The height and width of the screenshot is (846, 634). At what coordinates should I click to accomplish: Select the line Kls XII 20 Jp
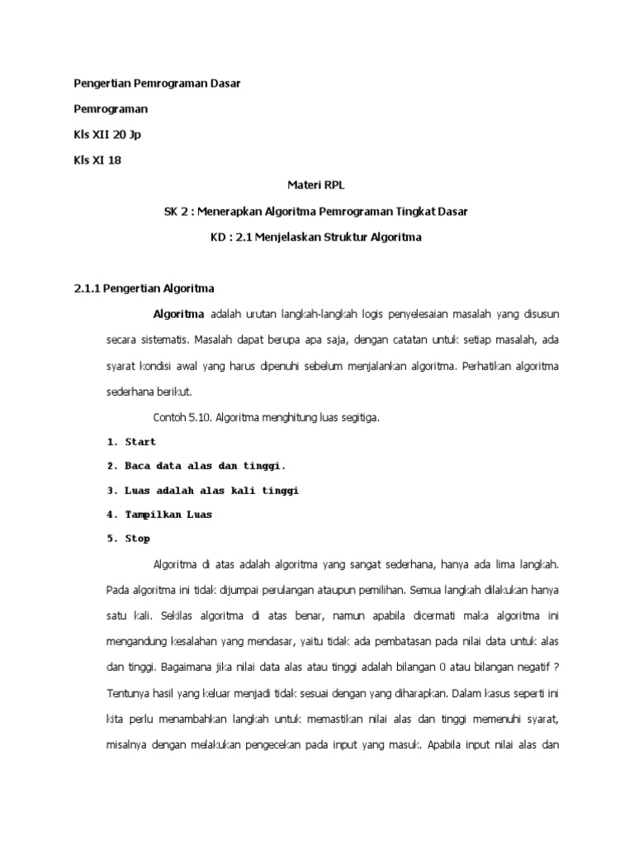(112, 135)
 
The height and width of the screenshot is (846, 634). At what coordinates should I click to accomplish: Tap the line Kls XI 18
(97, 159)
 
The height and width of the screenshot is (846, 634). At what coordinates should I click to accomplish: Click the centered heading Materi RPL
(316, 187)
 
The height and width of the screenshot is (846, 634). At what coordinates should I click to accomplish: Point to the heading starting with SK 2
(316, 212)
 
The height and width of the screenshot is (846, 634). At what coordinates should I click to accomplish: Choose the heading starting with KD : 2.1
(316, 238)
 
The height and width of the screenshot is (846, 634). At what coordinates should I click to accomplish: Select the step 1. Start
(131, 442)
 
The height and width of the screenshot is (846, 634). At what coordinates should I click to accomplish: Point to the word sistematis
(163, 340)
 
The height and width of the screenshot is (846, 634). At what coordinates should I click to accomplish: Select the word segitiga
(358, 418)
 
